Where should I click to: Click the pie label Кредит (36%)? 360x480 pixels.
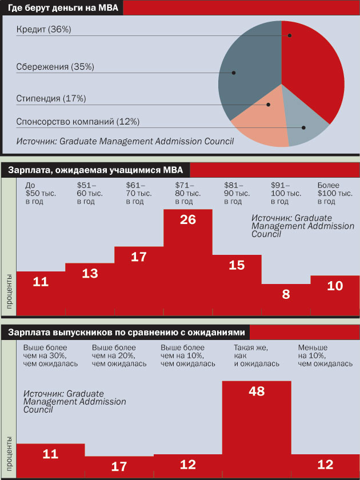click(x=44, y=29)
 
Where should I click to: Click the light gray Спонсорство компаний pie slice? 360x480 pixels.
click(x=306, y=123)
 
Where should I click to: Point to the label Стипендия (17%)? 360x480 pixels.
click(x=51, y=98)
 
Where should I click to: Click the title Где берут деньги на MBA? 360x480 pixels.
click(x=61, y=8)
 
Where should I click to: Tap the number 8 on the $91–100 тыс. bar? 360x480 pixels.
click(x=286, y=295)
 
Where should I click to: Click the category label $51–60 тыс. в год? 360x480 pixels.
click(x=90, y=194)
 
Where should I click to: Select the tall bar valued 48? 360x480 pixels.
click(x=257, y=423)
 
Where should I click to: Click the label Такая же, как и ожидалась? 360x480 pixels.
click(x=257, y=355)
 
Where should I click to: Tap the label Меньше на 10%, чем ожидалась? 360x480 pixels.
click(x=326, y=355)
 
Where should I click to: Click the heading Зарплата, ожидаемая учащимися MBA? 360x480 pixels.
click(x=95, y=170)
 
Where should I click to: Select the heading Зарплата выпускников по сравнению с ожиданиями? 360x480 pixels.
click(x=126, y=332)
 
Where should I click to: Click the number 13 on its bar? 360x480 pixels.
click(x=90, y=274)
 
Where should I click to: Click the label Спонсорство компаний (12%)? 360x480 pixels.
click(x=78, y=122)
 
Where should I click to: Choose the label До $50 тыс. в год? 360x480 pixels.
click(x=41, y=194)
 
